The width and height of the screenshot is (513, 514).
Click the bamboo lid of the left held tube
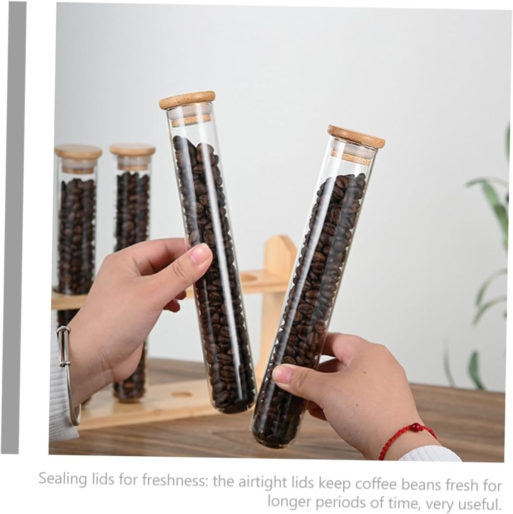(187, 99)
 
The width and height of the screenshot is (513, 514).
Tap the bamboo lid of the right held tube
(356, 136)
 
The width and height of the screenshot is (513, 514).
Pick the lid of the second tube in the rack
(133, 150)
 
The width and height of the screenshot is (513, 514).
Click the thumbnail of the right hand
(282, 374)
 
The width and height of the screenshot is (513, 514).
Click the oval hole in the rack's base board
(181, 394)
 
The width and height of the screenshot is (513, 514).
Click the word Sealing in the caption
(63, 479)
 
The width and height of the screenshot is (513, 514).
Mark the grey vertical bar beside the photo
(14, 226)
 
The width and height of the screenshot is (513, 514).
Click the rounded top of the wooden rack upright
(280, 243)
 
